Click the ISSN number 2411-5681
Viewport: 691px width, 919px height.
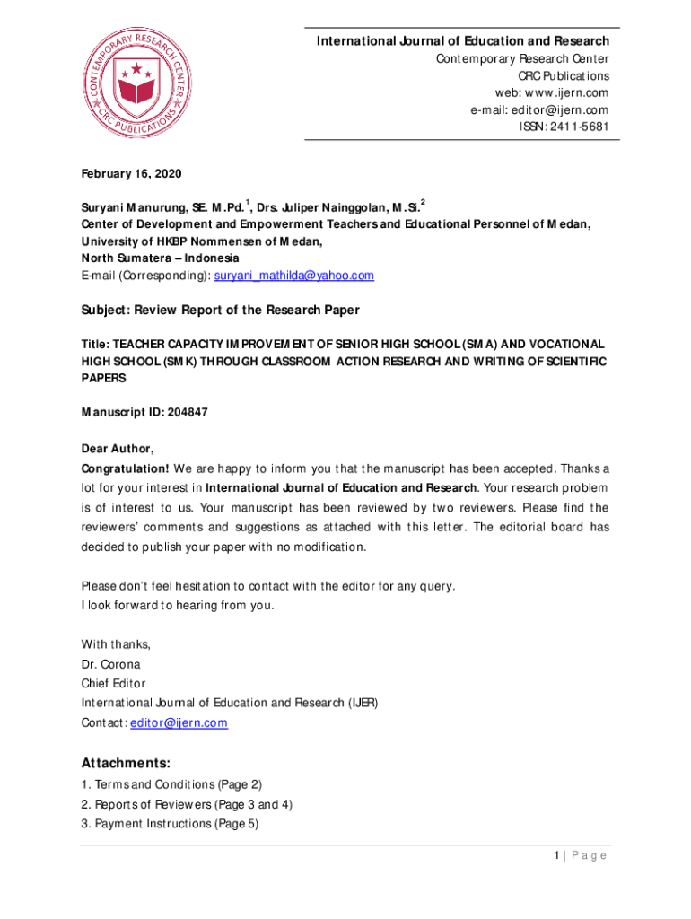pyautogui.click(x=582, y=127)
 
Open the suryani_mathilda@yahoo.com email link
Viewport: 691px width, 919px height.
pyautogui.click(x=293, y=276)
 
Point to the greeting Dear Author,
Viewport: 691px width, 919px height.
pyautogui.click(x=118, y=448)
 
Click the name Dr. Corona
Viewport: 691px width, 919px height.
pyautogui.click(x=111, y=665)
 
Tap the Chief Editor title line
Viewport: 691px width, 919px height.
pyautogui.click(x=113, y=684)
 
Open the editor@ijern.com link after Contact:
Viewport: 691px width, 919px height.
pyautogui.click(x=179, y=722)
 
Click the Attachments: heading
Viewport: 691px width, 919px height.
pyautogui.click(x=126, y=764)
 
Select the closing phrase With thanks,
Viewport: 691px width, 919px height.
pyautogui.click(x=116, y=644)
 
